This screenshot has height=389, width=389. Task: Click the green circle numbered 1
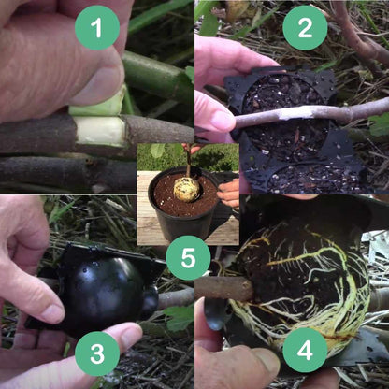click(x=97, y=27)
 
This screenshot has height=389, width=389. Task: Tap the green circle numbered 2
click(x=305, y=27)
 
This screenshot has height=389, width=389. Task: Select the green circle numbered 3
click(x=97, y=354)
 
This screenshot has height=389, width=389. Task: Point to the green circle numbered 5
click(x=188, y=257)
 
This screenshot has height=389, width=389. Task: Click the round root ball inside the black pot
click(x=187, y=189)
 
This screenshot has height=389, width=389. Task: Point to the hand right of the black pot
click(x=229, y=192)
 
